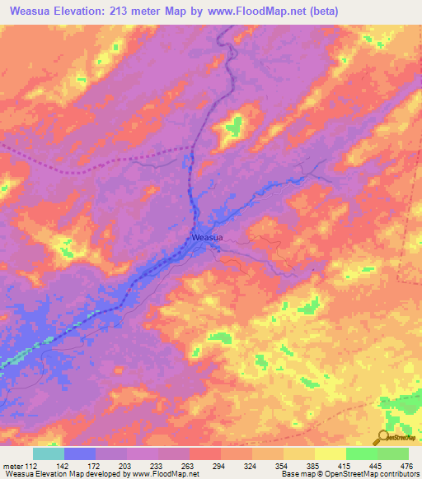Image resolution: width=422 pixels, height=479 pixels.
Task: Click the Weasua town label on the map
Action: point(206,238)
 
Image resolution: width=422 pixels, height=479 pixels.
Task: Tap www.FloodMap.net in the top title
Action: point(257,12)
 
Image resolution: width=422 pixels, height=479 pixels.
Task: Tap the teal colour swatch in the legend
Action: point(49,453)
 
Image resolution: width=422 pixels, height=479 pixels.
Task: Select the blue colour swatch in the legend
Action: point(80,453)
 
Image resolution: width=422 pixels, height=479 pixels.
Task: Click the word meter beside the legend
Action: point(13,465)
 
